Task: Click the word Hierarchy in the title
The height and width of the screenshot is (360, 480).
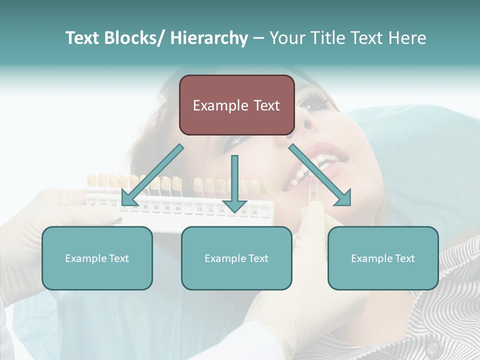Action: [x=209, y=38]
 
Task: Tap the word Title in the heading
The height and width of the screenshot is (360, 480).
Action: [x=331, y=38]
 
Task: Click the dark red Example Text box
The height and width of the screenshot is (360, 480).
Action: [x=236, y=105]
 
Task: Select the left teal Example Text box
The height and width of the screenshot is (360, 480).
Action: [x=97, y=258]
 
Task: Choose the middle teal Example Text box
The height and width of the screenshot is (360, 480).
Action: [x=236, y=258]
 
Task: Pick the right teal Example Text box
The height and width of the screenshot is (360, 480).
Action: [x=383, y=258]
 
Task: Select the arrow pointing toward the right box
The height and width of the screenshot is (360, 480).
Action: [x=320, y=175]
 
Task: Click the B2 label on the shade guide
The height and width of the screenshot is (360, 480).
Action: [x=156, y=206]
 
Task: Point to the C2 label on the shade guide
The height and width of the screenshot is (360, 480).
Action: [x=199, y=209]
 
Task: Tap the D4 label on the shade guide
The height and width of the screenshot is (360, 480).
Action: [x=254, y=212]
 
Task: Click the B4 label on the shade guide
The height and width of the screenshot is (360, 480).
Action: [x=177, y=207]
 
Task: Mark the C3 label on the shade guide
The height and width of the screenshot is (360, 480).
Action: [x=210, y=210]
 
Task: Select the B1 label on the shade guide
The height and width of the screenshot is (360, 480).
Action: [x=145, y=206]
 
